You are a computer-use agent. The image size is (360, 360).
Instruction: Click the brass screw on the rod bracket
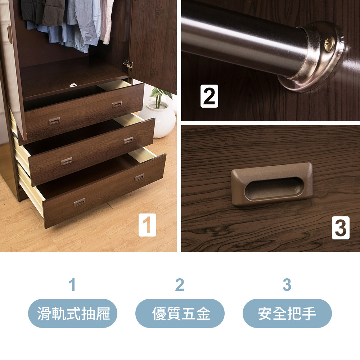329,44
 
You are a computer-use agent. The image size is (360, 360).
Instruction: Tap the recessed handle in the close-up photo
272,185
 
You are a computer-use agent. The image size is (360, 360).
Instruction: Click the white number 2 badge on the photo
209,96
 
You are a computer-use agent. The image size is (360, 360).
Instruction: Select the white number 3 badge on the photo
341,228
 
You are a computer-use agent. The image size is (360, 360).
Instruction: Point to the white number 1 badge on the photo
147,225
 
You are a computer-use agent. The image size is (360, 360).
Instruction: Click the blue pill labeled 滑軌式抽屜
73,313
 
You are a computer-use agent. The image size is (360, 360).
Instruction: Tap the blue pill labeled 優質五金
180,313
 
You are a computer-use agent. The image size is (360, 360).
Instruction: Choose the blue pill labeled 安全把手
287,313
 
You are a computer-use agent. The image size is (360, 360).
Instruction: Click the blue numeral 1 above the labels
72,285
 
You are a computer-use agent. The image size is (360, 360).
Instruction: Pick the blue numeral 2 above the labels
180,285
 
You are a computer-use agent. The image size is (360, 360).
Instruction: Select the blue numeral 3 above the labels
287,285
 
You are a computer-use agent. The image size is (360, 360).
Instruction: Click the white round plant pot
159,120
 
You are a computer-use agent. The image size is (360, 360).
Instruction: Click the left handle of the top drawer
54,121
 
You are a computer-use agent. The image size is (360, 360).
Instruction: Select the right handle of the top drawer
117,104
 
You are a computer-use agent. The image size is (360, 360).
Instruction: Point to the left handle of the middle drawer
67,161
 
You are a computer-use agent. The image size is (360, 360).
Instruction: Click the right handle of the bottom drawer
139,177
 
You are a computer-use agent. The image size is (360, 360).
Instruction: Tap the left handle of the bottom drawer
79,202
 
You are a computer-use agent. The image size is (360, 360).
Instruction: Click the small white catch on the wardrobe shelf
73,85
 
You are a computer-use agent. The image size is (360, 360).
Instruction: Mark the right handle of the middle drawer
128,140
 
